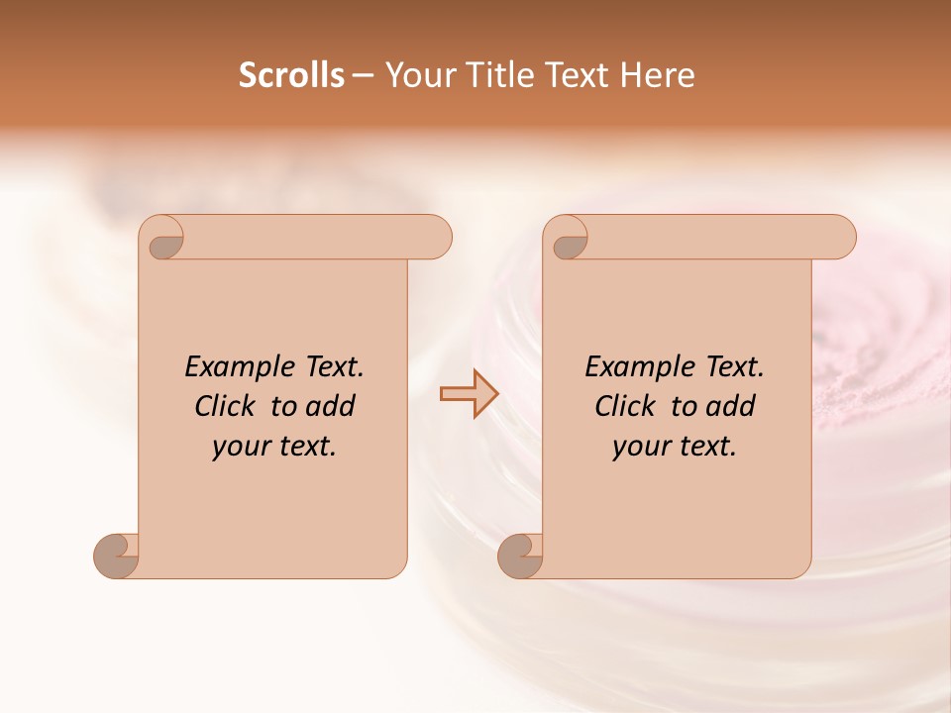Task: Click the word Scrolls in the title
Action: pyautogui.click(x=291, y=75)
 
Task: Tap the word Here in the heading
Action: pyautogui.click(x=658, y=75)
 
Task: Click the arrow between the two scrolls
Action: pyautogui.click(x=469, y=393)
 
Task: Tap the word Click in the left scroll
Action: pyautogui.click(x=227, y=406)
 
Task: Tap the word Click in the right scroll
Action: pyautogui.click(x=625, y=406)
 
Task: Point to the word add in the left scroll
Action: pyautogui.click(x=331, y=406)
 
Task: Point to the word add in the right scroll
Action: pyautogui.click(x=731, y=406)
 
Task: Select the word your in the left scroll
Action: pyautogui.click(x=241, y=447)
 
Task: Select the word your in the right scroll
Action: pyautogui.click(x=641, y=447)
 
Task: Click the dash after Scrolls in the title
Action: pyautogui.click(x=363, y=75)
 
